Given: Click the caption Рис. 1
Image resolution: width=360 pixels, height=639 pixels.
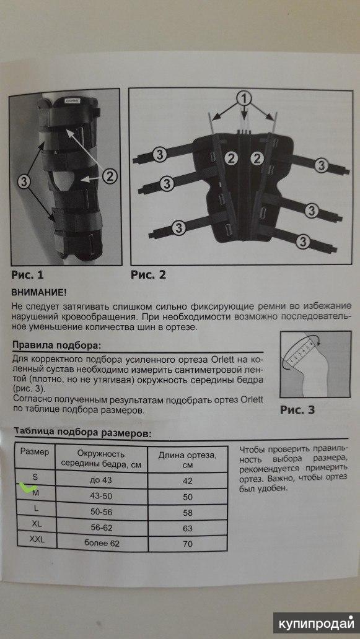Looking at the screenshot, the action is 27,275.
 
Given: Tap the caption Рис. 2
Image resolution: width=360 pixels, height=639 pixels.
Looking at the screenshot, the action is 149,275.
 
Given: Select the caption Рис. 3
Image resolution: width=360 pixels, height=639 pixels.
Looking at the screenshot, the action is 297,409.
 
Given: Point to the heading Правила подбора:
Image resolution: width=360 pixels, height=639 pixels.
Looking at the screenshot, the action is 56,346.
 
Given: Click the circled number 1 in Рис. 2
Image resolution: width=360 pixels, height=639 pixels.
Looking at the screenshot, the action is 244,98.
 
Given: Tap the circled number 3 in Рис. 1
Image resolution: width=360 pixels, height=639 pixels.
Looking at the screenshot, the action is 24,183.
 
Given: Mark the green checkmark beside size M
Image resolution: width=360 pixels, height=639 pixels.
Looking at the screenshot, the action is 28,487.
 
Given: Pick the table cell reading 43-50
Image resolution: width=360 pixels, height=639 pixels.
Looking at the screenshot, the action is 101,497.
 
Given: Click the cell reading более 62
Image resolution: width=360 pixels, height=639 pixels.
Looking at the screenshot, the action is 102,543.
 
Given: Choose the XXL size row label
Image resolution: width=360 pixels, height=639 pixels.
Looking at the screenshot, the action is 37,540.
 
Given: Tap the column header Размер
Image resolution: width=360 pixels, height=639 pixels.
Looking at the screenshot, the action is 35,451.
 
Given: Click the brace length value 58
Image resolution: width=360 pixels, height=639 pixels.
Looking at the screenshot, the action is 188,513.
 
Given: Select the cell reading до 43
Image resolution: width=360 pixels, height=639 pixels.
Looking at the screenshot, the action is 101,480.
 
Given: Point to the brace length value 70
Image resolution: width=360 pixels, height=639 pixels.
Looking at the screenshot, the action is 188,544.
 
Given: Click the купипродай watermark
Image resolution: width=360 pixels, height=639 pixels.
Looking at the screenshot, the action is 316,624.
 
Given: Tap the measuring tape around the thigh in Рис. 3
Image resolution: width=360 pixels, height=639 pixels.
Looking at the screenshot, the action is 301,351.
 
